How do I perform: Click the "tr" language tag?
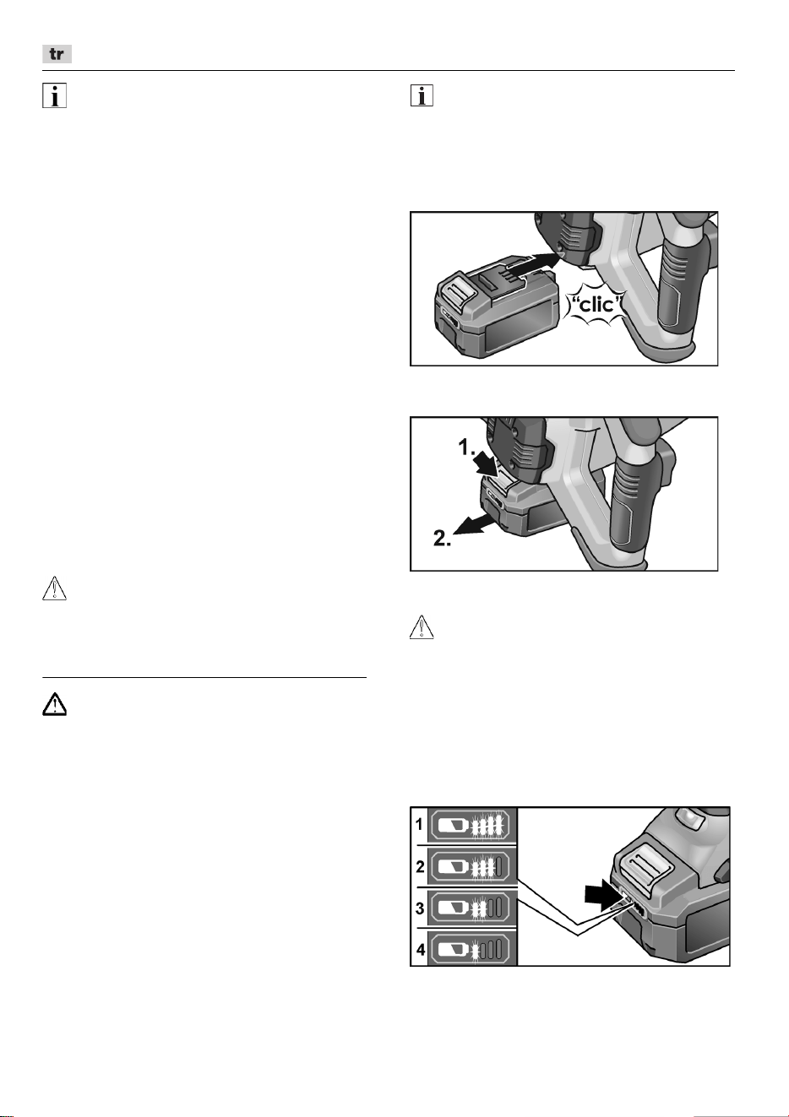pos(57,54)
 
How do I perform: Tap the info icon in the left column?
pos(54,96)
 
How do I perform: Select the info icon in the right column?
pos(422,95)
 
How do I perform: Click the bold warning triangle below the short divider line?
pos(54,705)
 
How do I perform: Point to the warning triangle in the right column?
pos(422,627)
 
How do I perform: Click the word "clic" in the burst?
pos(597,304)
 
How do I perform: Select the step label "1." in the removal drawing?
pos(468,447)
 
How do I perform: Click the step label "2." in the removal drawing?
pos(443,538)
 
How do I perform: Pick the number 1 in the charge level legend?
pos(420,825)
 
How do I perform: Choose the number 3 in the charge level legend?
pos(420,908)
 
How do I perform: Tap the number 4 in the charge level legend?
pos(421,950)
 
